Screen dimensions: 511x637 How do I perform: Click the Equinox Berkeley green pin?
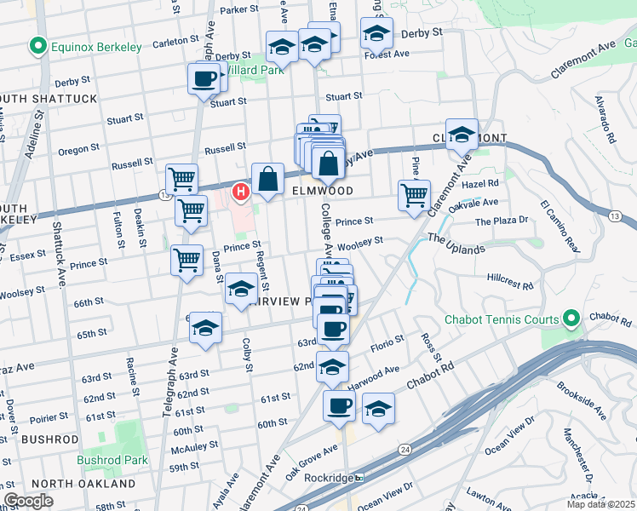pyautogui.click(x=37, y=47)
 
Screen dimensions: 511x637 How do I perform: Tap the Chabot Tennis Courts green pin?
pyautogui.click(x=571, y=320)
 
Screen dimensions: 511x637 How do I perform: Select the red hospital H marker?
pyautogui.click(x=241, y=192)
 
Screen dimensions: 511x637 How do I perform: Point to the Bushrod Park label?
pyautogui.click(x=111, y=460)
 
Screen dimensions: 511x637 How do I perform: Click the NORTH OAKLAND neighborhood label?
pyautogui.click(x=83, y=484)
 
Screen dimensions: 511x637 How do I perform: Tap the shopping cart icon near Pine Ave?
pyautogui.click(x=414, y=194)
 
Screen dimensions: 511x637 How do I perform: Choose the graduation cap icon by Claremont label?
pyautogui.click(x=462, y=134)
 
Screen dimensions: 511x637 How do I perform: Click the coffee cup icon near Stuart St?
pyautogui.click(x=203, y=79)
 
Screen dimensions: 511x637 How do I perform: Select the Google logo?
pyautogui.click(x=28, y=501)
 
